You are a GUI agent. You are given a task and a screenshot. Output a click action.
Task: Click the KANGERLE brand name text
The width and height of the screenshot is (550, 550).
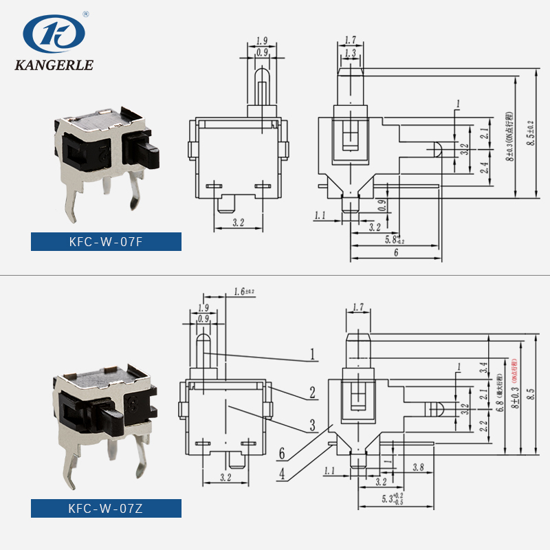pos(53,66)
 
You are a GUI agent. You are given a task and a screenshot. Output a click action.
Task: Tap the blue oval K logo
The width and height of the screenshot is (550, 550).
pos(53,32)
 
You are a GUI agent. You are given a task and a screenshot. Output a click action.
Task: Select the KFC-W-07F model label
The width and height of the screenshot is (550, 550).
pos(106,242)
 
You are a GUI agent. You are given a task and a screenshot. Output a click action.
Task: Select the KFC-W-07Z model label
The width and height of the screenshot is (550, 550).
pos(106,509)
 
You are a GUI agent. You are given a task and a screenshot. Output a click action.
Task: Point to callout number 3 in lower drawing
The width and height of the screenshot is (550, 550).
pos(312,425)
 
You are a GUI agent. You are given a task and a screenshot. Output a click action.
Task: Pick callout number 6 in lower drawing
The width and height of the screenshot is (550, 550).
pos(281,454)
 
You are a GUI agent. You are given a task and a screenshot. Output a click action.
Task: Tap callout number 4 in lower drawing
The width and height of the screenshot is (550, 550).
pos(281,474)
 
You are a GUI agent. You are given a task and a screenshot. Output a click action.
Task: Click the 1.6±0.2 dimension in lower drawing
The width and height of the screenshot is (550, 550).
pos(243,292)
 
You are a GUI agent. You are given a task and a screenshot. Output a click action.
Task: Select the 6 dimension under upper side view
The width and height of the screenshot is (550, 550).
pos(396,253)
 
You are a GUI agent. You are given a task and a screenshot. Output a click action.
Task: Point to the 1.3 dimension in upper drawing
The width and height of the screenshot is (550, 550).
pos(351,53)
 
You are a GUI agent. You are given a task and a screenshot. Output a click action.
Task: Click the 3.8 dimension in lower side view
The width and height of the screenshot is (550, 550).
pos(417,467)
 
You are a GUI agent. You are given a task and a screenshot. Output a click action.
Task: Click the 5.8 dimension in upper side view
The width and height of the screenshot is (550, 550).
pos(394,239)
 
